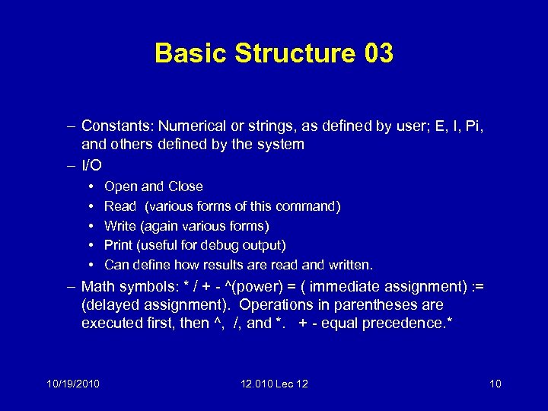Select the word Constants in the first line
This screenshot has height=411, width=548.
[113, 126]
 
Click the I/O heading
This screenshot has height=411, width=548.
[92, 165]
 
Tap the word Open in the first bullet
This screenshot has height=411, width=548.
[120, 186]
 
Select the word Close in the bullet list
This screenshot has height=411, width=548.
[186, 186]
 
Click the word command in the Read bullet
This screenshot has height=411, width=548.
[307, 206]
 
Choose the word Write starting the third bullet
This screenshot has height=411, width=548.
[120, 226]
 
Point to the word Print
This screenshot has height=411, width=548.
[118, 246]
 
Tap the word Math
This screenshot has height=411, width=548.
[97, 287]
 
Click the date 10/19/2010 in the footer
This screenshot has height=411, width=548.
[72, 384]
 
